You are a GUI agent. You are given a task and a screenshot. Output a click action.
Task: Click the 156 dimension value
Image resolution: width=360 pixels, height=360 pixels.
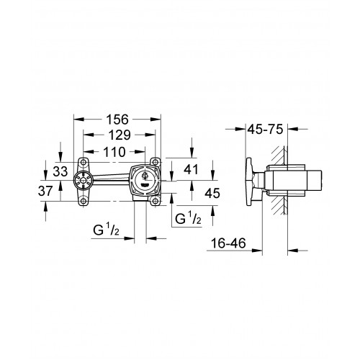point(117,120)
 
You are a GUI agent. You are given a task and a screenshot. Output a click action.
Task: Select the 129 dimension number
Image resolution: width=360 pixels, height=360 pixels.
point(120,135)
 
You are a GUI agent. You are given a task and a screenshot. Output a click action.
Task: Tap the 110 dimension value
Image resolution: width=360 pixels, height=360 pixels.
point(114,152)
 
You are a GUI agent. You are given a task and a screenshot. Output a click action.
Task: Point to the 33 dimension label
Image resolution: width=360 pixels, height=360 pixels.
point(60,171)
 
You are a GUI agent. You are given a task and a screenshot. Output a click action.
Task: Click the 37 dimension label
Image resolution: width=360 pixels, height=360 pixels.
point(45,191)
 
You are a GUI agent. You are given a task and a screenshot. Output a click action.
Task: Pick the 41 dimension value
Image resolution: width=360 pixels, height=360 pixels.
point(191,169)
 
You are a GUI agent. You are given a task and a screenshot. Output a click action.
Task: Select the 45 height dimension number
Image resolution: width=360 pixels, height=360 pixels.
point(212,193)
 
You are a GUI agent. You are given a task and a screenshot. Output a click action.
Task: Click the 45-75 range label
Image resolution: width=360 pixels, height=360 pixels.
point(266,130)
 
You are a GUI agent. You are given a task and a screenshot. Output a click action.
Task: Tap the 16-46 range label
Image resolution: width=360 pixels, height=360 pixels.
point(228,243)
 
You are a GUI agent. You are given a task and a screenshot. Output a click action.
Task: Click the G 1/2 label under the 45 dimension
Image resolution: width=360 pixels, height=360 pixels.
point(188,219)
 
